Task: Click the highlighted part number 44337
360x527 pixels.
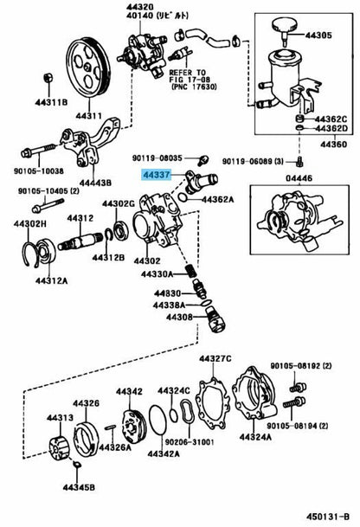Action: (157, 175)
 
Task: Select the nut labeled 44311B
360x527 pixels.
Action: (48, 78)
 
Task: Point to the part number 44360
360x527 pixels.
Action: (333, 145)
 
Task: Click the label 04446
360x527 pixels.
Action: (299, 177)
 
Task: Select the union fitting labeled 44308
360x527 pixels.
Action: (215, 319)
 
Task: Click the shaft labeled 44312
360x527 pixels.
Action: (80, 241)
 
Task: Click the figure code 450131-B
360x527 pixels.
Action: (328, 516)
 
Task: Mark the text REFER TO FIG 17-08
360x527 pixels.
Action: (190, 76)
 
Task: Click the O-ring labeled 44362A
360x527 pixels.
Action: (182, 197)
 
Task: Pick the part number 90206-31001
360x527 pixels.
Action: (190, 441)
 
